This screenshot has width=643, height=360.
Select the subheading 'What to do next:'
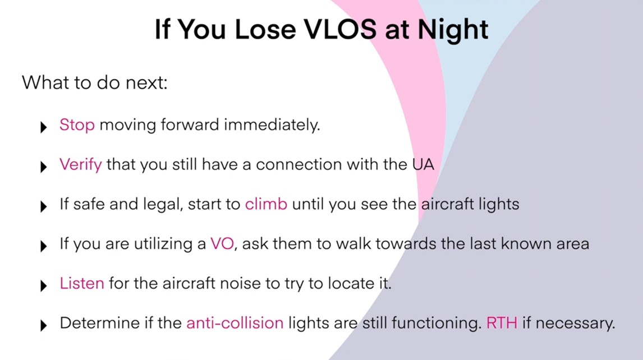pyautogui.click(x=95, y=82)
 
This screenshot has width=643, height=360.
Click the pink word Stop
pyautogui.click(x=77, y=125)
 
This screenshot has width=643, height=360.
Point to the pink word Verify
pyautogui.click(x=81, y=165)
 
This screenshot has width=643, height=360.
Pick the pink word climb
pyautogui.click(x=266, y=204)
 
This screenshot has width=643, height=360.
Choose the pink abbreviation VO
pyautogui.click(x=222, y=243)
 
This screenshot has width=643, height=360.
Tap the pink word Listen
pyautogui.click(x=82, y=283)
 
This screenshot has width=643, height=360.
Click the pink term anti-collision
pyautogui.click(x=235, y=323)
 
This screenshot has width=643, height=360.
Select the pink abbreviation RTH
pyautogui.click(x=502, y=323)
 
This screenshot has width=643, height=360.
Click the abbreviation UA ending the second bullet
pyautogui.click(x=423, y=164)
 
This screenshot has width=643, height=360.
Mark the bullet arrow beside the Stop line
pyautogui.click(x=43, y=127)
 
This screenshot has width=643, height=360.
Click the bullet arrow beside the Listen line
pyautogui.click(x=43, y=286)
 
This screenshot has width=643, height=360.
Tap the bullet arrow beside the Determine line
pyautogui.click(x=43, y=326)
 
